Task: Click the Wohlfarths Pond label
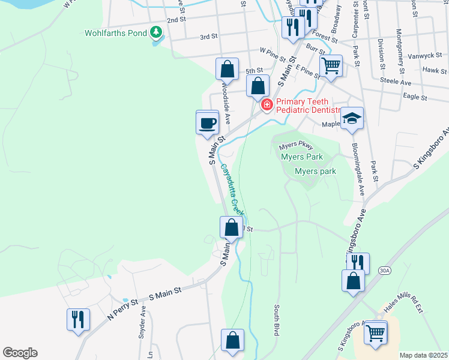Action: coord(115,32)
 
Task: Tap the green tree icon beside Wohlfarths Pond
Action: coord(156,31)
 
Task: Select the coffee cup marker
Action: coord(208,123)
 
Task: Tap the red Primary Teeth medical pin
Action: coord(267,105)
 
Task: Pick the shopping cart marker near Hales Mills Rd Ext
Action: coord(376,332)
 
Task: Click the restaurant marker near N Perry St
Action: coord(78,319)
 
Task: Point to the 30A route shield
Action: coord(385,271)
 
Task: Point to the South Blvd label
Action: coord(277,320)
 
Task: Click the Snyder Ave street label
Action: coord(142,323)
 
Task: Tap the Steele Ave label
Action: coord(396,82)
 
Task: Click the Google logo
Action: coord(20,353)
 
